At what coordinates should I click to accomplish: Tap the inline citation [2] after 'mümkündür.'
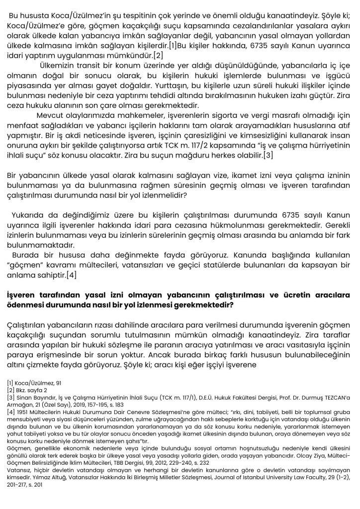[157, 55]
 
